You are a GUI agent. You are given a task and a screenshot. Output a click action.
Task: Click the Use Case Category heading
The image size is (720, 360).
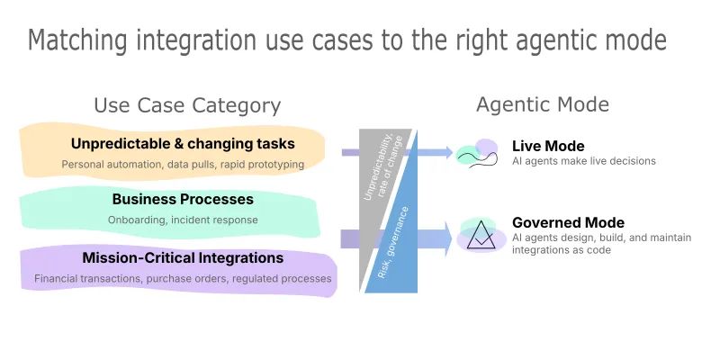click(x=187, y=105)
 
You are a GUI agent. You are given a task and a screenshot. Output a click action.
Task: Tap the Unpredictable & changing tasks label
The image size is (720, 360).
click(x=183, y=144)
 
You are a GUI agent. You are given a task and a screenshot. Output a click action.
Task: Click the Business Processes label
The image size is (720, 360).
click(x=183, y=200)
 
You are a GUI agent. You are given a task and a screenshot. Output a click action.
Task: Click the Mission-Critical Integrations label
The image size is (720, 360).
click(x=183, y=258)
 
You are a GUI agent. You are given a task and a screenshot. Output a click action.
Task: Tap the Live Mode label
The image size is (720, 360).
click(x=548, y=146)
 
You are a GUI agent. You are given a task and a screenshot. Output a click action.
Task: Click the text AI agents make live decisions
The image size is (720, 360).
click(x=584, y=161)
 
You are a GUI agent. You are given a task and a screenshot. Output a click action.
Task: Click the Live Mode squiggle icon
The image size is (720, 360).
click(x=477, y=154)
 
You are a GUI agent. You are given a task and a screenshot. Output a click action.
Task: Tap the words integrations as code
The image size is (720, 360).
click(x=562, y=250)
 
